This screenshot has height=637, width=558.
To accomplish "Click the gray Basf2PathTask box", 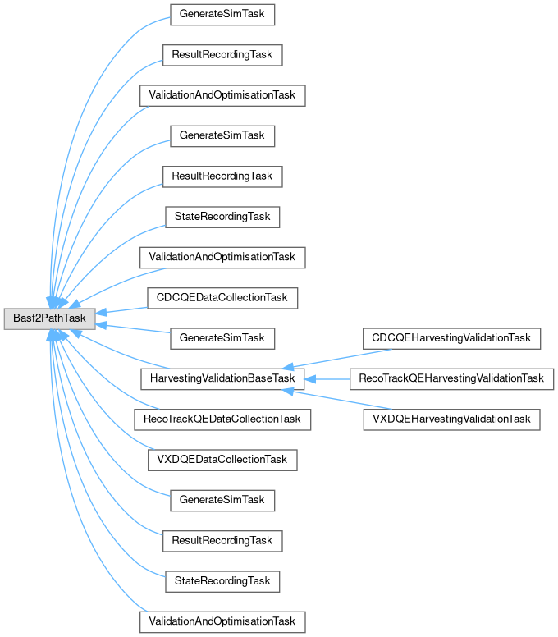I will pyautogui.click(x=49, y=318).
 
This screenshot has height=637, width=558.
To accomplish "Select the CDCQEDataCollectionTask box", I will pyautogui.click(x=222, y=297).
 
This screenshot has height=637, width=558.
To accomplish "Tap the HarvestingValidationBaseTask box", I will pyautogui.click(x=222, y=378).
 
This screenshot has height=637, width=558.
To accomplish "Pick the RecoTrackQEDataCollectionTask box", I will pyautogui.click(x=222, y=419).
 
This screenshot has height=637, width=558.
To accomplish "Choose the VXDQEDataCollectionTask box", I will pyautogui.click(x=222, y=459).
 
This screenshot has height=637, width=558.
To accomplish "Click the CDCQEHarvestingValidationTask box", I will pyautogui.click(x=451, y=337).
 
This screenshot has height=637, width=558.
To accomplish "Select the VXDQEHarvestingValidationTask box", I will pyautogui.click(x=451, y=419).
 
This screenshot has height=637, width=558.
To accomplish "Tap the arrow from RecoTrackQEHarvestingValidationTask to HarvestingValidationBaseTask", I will pyautogui.click(x=328, y=378).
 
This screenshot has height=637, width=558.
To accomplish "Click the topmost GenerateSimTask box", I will pyautogui.click(x=222, y=15).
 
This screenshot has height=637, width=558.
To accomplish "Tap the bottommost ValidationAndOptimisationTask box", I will pyautogui.click(x=222, y=621).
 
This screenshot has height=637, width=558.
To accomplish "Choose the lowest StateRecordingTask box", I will pyautogui.click(x=222, y=580).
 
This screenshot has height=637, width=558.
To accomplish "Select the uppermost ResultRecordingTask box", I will pyautogui.click(x=222, y=55).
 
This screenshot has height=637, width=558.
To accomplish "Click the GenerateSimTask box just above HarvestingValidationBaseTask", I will pyautogui.click(x=222, y=337).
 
